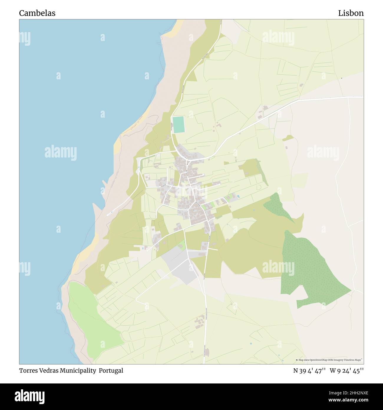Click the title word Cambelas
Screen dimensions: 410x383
click(x=37, y=13)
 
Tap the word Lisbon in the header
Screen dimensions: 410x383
click(x=351, y=13)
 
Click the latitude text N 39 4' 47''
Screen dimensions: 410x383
click(x=309, y=371)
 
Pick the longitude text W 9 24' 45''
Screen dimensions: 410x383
click(x=347, y=371)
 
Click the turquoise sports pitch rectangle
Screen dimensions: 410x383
click(x=179, y=125)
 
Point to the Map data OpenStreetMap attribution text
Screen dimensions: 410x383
click(x=329, y=360)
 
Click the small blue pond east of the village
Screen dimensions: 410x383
click(x=238, y=196)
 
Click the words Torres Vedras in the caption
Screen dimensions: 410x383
click(x=39, y=371)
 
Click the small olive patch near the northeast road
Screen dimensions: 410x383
click(x=288, y=138)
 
